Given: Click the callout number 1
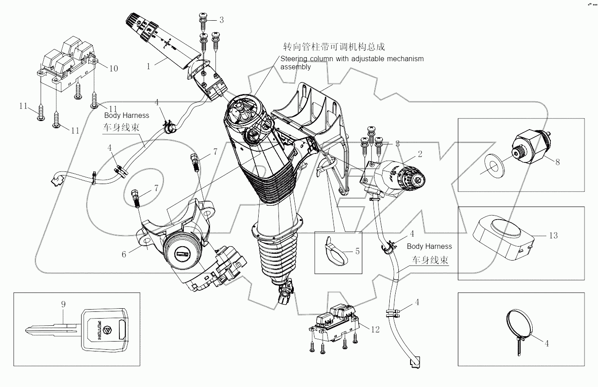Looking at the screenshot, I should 148,65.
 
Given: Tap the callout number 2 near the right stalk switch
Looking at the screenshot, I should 420,154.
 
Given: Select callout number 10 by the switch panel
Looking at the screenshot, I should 114,68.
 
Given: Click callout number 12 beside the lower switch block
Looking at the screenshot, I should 375,330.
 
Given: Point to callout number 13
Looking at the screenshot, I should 553,235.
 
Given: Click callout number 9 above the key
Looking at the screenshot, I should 63,304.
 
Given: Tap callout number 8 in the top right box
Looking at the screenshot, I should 557,162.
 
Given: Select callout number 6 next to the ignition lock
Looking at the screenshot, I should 124,254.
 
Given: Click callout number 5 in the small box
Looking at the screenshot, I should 357,251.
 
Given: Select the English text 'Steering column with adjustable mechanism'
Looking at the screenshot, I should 352,59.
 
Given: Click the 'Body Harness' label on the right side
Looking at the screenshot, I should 429,246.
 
